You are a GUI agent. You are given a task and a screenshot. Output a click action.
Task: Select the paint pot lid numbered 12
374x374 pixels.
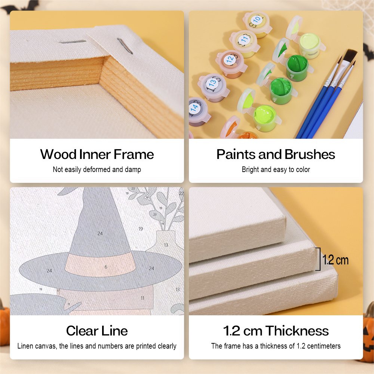tap(230, 59)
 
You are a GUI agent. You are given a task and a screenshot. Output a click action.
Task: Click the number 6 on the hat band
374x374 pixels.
tap(106, 267)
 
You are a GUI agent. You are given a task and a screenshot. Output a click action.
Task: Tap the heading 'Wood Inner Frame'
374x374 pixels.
tap(97, 154)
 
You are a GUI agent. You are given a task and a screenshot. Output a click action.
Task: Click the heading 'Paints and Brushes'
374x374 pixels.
tap(276, 154)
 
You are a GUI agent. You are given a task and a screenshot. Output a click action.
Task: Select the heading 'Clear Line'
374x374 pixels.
tap(97, 331)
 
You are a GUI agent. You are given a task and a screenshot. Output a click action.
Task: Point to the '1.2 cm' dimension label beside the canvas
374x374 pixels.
tap(335, 260)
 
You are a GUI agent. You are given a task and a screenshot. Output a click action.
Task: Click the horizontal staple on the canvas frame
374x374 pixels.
tap(72, 42)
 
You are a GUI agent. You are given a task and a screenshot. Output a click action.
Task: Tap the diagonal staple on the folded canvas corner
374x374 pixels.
tap(125, 46)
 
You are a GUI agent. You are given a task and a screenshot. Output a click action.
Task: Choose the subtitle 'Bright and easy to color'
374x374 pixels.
tap(276, 169)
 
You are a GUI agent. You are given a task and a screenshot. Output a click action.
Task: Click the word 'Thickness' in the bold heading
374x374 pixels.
tap(297, 331)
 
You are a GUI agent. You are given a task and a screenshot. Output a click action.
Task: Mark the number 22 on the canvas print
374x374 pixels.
tap(181, 193)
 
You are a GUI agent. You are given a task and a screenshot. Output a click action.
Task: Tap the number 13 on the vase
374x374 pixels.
tap(166, 245)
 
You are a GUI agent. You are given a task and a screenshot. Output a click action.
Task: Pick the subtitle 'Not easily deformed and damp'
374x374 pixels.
tap(97, 169)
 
